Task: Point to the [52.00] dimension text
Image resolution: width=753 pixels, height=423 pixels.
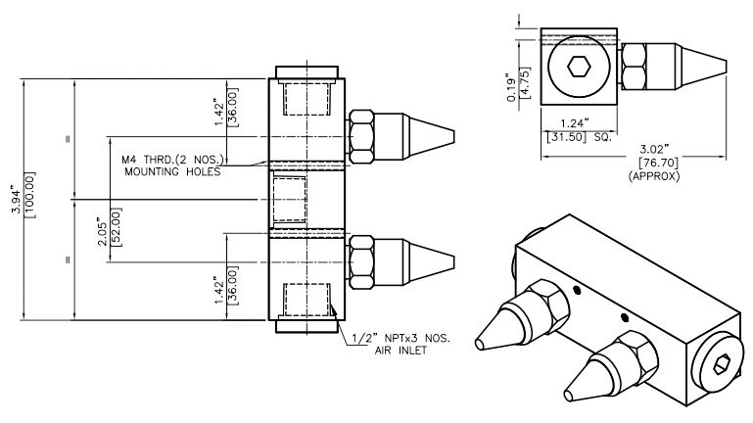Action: pos(118,223)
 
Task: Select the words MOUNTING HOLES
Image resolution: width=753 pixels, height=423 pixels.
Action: pos(172,171)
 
